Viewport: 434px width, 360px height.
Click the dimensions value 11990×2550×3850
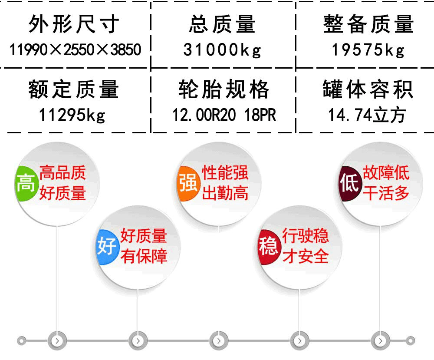point(76,50)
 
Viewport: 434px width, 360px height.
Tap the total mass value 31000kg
point(222,50)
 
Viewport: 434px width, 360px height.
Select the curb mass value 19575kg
point(368,50)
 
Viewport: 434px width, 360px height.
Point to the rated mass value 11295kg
point(72,115)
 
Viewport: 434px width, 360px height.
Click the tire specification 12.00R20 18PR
point(224,115)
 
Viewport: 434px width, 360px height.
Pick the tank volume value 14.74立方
point(367,115)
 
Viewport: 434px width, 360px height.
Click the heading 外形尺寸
point(74,24)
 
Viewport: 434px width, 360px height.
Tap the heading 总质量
point(222,24)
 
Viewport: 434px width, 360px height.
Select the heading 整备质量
point(368,24)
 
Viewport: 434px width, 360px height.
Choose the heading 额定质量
point(73,89)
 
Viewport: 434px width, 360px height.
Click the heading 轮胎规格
point(224,89)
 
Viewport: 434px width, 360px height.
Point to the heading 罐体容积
point(368,89)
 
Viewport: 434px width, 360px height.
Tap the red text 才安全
point(306,256)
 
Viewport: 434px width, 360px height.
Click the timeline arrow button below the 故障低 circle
point(380,340)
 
